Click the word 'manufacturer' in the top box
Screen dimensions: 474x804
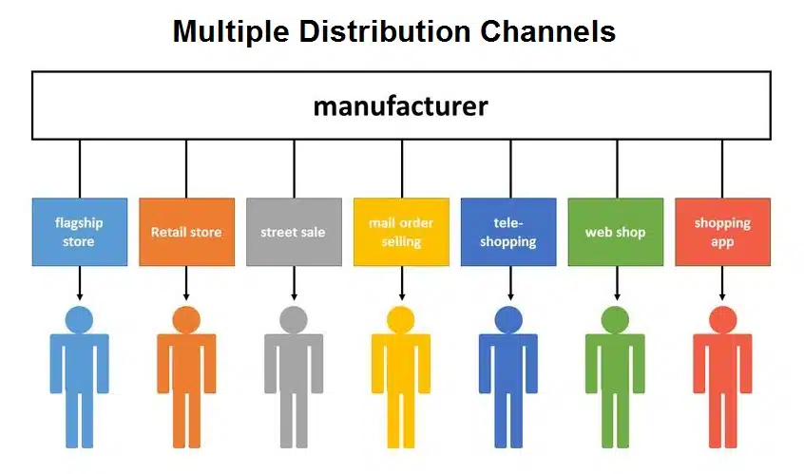(400, 105)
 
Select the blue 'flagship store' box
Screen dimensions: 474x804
(79, 232)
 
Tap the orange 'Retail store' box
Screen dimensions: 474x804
(186, 232)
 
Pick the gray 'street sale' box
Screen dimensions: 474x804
(294, 232)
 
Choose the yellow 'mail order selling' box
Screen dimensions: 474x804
(401, 232)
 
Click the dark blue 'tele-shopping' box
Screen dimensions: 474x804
(508, 232)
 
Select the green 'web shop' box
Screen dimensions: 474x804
(615, 232)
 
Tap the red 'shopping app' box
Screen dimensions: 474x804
(722, 232)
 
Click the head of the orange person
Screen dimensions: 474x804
(186, 320)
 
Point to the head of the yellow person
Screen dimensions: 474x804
(401, 320)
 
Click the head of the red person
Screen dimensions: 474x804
(722, 320)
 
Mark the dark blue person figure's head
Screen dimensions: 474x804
(508, 320)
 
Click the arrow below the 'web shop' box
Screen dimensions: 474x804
(615, 283)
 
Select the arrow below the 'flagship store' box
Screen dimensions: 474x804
(79, 283)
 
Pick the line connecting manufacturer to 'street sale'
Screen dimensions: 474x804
(294, 168)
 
